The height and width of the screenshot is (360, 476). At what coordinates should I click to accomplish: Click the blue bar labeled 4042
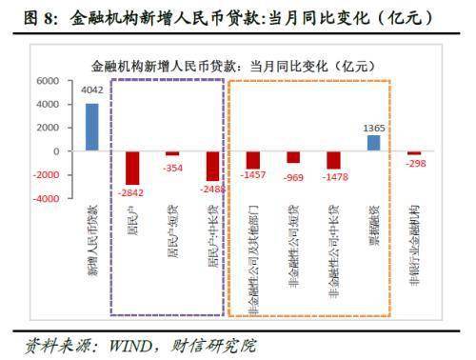[92, 127]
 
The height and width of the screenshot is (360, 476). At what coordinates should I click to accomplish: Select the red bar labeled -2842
[132, 168]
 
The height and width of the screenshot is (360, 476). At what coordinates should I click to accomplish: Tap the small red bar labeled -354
[172, 153]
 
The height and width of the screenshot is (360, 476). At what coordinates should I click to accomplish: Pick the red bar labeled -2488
[212, 166]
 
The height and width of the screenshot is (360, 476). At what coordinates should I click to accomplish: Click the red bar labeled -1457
[252, 160]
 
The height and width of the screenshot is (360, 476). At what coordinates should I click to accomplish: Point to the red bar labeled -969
[293, 157]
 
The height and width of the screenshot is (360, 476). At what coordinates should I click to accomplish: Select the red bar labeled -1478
[333, 160]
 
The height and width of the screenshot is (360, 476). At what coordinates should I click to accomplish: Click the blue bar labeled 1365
[373, 143]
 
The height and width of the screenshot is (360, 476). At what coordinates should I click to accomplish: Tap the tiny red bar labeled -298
[414, 153]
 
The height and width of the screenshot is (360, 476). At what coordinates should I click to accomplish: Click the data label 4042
[92, 91]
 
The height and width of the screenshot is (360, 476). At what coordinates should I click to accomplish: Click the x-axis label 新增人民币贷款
[92, 238]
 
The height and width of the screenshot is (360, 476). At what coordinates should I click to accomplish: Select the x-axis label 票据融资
[374, 225]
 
